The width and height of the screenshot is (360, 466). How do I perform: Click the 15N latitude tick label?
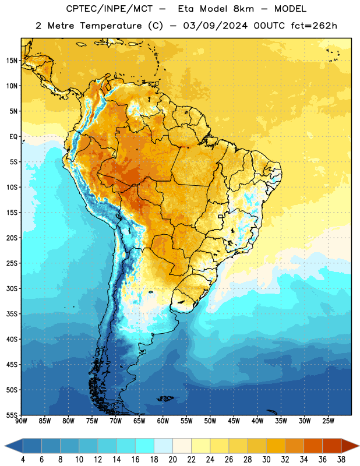12,61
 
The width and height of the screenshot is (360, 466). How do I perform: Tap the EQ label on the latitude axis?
13,137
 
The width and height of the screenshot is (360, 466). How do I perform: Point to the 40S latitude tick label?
12,339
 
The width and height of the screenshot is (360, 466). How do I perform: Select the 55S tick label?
12,415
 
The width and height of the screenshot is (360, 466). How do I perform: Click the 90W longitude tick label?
21,421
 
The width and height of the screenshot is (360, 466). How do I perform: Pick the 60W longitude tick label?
163,421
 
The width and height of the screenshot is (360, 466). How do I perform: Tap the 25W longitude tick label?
328,421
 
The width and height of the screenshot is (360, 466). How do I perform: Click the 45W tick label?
234,421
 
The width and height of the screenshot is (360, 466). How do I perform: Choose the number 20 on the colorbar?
172,460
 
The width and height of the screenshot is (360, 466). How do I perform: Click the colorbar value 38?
341,460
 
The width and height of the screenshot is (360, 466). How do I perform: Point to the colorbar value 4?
23,460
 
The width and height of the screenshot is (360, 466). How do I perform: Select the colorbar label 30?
266,460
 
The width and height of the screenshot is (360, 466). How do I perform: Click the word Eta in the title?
186,9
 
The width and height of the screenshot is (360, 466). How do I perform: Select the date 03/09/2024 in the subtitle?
215,26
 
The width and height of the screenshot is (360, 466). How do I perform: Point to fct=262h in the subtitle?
314,26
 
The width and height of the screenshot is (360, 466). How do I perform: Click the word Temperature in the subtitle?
111,26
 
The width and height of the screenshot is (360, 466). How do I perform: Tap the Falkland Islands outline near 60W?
165,398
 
